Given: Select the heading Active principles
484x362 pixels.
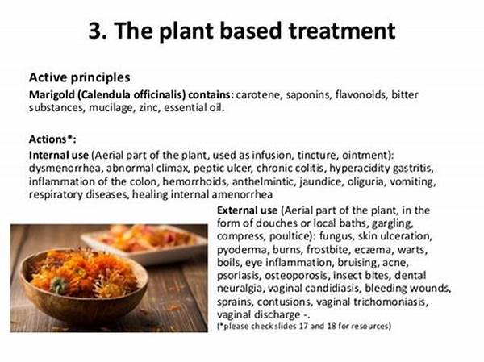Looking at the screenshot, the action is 79,77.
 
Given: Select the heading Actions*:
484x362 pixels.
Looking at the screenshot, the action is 52,139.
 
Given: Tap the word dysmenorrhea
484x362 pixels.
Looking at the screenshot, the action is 65,169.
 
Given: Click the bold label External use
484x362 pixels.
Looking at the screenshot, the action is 247,210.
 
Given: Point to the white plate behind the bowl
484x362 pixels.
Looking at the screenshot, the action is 146,243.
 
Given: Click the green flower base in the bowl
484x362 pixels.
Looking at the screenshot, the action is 59,285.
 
